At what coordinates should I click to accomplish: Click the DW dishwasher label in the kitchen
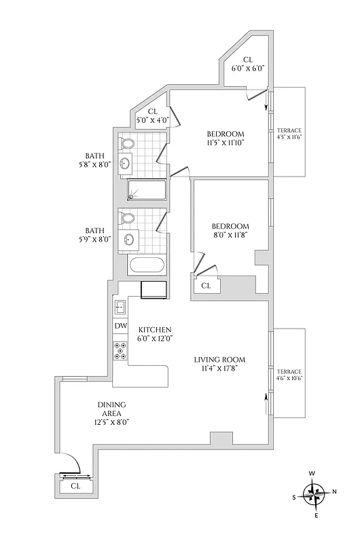point(120,326)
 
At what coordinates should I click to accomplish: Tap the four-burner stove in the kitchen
point(121,350)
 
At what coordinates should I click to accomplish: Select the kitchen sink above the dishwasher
point(120,307)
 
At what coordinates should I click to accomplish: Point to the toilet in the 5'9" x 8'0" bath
point(126,219)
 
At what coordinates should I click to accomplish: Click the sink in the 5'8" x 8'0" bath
point(126,163)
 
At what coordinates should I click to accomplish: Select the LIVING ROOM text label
point(219,360)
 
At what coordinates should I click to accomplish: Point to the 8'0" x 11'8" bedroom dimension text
point(230,236)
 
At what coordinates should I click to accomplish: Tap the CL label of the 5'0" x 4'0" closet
point(152,111)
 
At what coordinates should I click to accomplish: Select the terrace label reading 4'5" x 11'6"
point(289,134)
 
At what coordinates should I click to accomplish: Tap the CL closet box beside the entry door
point(75,486)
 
